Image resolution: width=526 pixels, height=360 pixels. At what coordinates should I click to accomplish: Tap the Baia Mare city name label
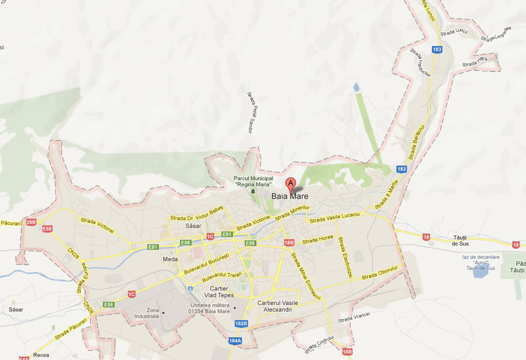pos(290,196)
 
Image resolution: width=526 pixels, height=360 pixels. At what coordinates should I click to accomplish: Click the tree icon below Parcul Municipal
pos(254,191)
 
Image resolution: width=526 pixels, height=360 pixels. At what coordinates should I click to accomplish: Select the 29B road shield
pos(31,222)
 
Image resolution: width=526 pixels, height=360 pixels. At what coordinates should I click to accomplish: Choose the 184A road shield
pos(235,341)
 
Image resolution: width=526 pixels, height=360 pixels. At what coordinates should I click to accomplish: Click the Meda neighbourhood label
pos(169,259)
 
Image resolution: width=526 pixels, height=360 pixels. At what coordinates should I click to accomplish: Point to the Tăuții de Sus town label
pos(461,240)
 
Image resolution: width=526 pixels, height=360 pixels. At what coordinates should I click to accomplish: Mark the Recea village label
pos(41,354)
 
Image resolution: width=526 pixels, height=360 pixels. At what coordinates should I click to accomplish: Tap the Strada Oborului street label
pos(380,273)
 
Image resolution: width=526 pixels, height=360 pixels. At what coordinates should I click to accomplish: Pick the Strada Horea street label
pos(318,239)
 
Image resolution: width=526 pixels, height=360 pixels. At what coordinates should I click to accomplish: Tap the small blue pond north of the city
pos(355,88)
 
